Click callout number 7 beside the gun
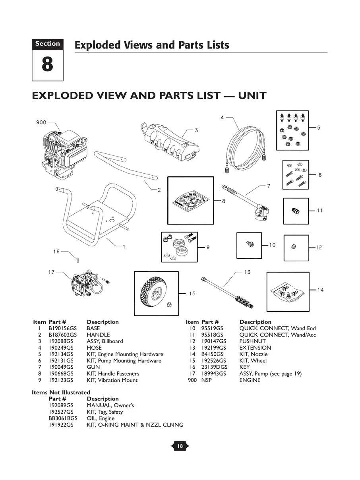click(269, 186)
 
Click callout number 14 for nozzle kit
click(320, 290)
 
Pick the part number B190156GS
click(62, 329)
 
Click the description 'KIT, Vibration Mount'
click(112, 380)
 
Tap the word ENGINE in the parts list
click(250, 380)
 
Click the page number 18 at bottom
click(180, 446)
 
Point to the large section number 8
click(47, 65)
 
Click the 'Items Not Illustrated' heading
click(61, 393)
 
